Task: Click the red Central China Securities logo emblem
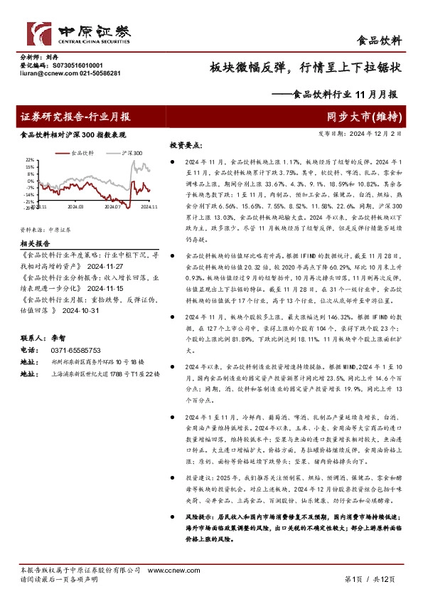(x=38, y=34)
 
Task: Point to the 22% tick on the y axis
(x=29, y=160)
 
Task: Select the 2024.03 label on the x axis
(x=76, y=207)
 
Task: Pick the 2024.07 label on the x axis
(x=112, y=207)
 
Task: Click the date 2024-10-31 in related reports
(x=81, y=311)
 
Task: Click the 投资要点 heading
(x=183, y=145)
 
